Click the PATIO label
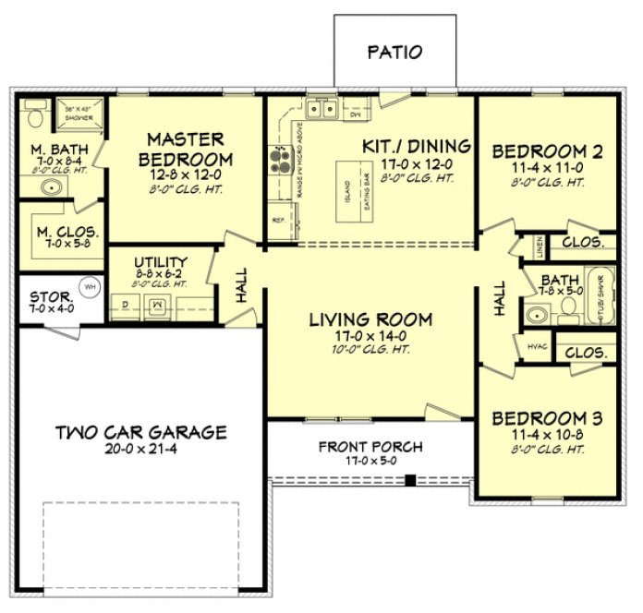(394, 53)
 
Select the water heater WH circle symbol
(90, 286)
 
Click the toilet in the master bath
(34, 117)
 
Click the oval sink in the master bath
(51, 188)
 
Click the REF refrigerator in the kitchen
(278, 221)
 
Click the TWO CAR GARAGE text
(140, 431)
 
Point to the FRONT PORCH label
(370, 447)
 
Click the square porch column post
(409, 479)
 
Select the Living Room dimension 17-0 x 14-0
(370, 337)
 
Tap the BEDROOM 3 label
(548, 416)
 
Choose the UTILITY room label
(160, 262)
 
